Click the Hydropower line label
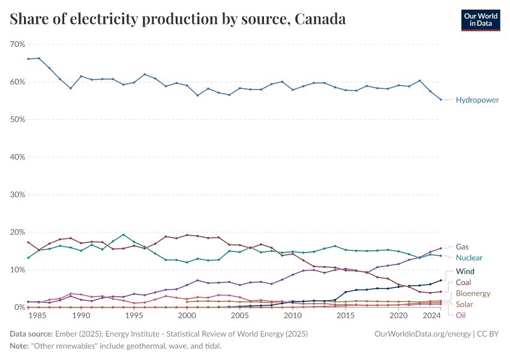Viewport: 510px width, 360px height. [x=477, y=100]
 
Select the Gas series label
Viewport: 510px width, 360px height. [x=463, y=247]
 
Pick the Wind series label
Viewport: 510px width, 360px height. [x=466, y=272]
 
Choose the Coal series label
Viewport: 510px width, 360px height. [x=464, y=283]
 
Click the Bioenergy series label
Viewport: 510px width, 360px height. [x=473, y=293]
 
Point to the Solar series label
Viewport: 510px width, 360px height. [x=464, y=305]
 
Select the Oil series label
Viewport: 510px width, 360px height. [x=460, y=316]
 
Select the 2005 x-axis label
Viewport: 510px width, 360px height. [x=239, y=316]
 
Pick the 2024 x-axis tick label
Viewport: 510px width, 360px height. [x=430, y=316]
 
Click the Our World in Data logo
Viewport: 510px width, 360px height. [x=480, y=19]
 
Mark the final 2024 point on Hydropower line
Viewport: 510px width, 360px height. [x=440, y=100]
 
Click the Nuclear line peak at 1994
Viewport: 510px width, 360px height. [x=123, y=235]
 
